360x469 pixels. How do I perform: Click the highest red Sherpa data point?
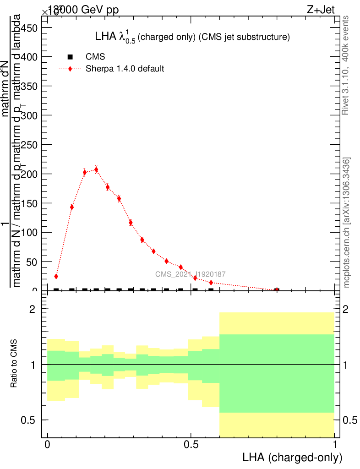(x=96, y=169)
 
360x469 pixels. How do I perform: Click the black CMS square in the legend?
(x=70, y=57)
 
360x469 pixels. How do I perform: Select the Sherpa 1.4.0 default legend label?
(x=125, y=69)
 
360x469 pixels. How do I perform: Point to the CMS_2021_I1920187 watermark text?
(x=190, y=274)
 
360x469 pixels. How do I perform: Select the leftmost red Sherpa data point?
(x=56, y=276)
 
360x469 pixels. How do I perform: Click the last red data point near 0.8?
(x=277, y=290)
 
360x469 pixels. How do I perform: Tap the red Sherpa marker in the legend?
(x=70, y=69)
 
